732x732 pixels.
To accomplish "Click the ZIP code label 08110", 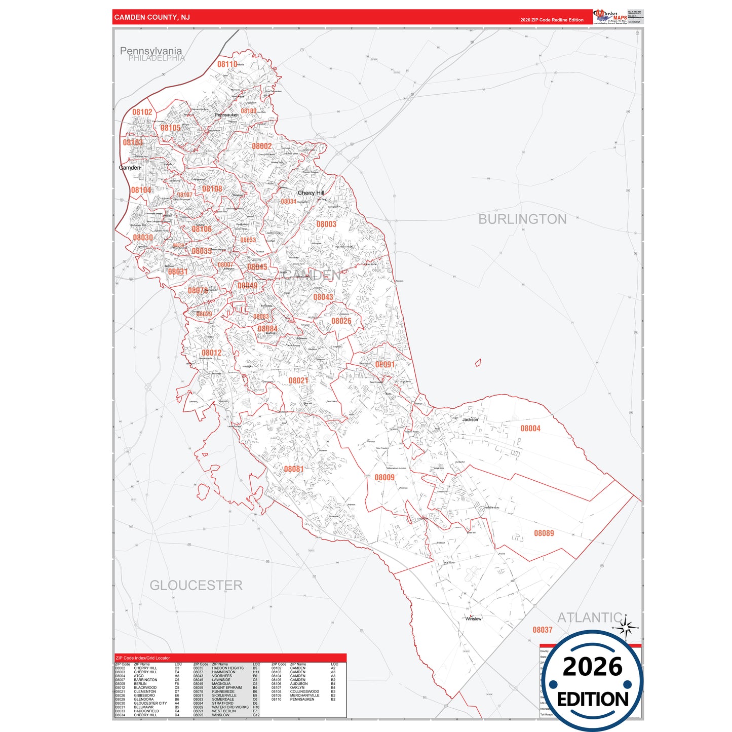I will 227,64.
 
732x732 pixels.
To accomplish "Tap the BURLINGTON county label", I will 522,219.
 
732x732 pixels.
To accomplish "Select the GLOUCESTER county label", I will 196,586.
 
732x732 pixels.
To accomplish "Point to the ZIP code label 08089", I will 544,533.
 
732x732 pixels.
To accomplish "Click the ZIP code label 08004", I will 530,429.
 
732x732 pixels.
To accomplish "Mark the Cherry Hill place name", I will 311,193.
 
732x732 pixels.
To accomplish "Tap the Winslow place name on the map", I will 473,619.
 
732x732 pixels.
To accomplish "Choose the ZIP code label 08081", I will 293,469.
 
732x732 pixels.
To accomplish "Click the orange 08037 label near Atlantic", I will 542,630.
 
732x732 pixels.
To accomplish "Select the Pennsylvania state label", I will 150,51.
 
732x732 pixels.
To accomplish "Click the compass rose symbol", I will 627,628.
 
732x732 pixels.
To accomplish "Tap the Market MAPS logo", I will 610,17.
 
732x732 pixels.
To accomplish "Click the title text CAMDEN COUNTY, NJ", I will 152,17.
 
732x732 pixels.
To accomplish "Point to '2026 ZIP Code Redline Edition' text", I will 552,20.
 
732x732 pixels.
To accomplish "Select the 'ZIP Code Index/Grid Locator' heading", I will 143,658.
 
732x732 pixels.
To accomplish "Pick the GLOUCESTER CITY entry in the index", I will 150,704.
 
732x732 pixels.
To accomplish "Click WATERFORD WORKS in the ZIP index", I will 230,708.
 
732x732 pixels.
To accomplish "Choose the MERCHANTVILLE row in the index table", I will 304,696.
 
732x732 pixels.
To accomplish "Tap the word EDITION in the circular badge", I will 593,700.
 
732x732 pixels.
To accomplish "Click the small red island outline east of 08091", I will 478,363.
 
